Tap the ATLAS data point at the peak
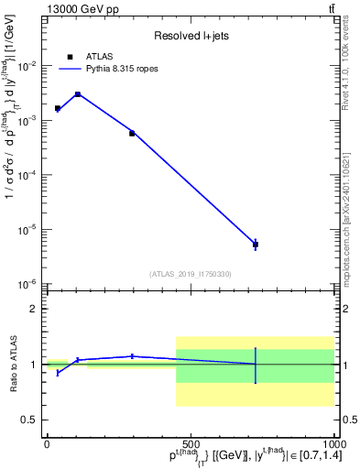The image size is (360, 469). click(x=78, y=94)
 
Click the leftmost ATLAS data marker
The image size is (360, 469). click(x=58, y=108)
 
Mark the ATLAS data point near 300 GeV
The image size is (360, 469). click(x=132, y=133)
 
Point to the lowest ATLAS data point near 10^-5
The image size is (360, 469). click(x=256, y=245)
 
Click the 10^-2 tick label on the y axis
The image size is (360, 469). click(x=29, y=66)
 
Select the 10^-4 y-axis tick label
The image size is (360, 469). click(x=29, y=175)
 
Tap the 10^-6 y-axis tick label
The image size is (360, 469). click(x=29, y=284)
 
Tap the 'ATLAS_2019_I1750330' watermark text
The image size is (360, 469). click(x=190, y=274)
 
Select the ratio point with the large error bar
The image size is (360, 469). click(x=256, y=365)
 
